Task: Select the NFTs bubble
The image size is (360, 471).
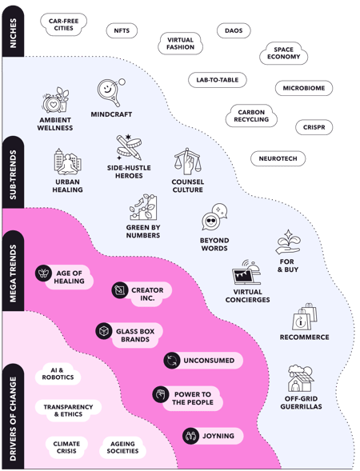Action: [122, 30]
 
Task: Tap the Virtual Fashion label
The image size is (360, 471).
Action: [180, 42]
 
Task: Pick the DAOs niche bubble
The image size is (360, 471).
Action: [234, 30]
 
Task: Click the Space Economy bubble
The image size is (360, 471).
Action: [283, 54]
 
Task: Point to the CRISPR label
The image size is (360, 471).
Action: [313, 127]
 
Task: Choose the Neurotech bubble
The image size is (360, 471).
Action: [278, 159]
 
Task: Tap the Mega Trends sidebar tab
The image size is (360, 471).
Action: [13, 271]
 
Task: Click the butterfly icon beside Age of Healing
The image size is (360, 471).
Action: [43, 273]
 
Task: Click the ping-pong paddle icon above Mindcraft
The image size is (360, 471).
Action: [110, 91]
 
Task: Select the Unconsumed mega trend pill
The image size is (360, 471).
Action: [202, 361]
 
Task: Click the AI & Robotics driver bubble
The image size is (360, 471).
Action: [58, 373]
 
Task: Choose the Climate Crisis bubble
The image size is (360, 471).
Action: [67, 447]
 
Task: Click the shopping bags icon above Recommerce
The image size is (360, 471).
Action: [304, 317]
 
